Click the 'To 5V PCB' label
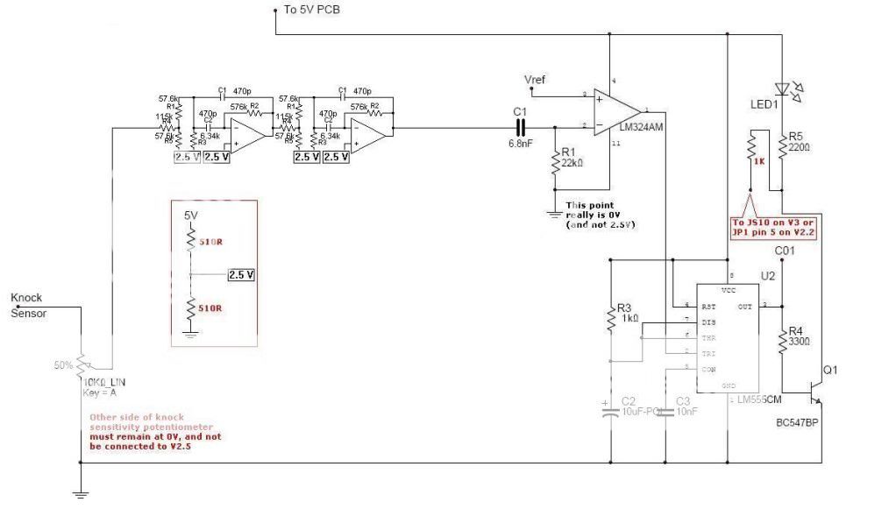312,10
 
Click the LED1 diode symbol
782,88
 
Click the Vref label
534,80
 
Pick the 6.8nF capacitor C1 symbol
520,127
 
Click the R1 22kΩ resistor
555,163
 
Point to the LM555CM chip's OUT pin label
745,306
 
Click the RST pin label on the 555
707,306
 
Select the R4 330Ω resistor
783,341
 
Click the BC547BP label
798,422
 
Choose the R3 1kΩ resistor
610,320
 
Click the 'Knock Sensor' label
28,305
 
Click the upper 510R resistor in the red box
190,239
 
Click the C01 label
784,251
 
